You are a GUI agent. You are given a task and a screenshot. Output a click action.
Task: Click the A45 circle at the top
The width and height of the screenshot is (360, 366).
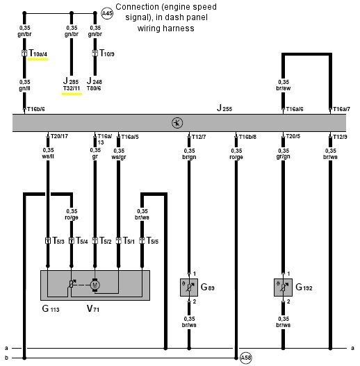point(107,13)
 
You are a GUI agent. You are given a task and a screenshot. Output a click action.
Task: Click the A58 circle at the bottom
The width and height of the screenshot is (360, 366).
point(245,358)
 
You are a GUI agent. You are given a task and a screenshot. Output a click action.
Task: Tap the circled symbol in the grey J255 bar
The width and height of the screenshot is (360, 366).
point(177,123)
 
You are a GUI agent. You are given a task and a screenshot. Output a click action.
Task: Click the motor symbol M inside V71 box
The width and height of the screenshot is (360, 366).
point(97,283)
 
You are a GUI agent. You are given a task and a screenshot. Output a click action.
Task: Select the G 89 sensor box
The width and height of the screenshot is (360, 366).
point(190,286)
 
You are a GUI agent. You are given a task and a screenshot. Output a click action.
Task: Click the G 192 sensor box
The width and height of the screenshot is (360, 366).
point(283,286)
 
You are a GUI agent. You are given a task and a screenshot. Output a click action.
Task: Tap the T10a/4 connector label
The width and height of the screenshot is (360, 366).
point(39,53)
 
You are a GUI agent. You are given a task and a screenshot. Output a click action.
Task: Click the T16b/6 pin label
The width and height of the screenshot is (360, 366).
point(36,109)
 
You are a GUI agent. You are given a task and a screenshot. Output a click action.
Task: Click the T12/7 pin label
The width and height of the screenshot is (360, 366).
point(201,137)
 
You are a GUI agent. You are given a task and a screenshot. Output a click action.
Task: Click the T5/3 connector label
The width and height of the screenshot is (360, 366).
point(57,241)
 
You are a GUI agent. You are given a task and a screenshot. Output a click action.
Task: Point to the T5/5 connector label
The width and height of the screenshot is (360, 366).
point(152,241)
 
